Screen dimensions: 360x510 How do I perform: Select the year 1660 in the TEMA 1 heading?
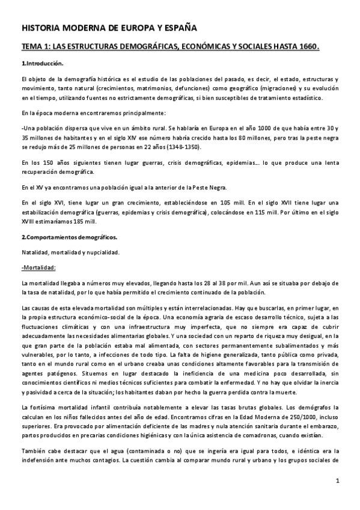point(306,46)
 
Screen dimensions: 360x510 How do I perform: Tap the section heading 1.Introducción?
point(42,63)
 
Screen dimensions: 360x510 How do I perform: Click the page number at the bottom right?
point(338,481)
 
